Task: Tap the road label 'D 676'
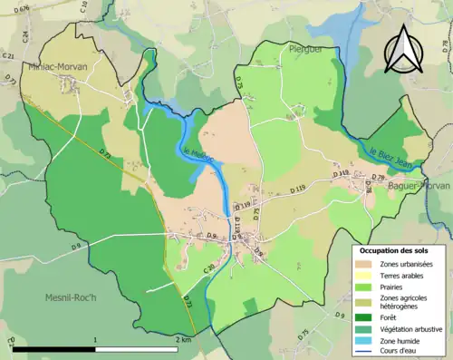tap(21, 8)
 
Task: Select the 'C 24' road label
tap(26, 37)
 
